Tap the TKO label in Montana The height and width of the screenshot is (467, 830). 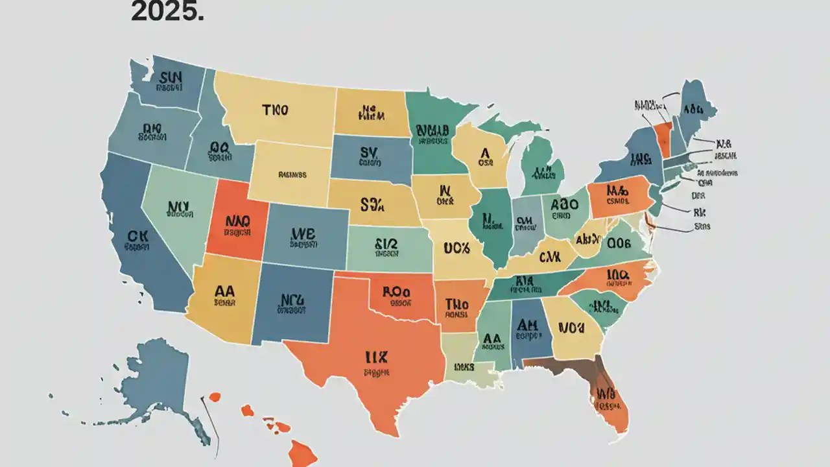[275, 110]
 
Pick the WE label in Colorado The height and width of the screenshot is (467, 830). [302, 233]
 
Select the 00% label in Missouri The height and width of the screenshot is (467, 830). [456, 247]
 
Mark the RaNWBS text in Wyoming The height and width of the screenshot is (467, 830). [292, 174]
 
